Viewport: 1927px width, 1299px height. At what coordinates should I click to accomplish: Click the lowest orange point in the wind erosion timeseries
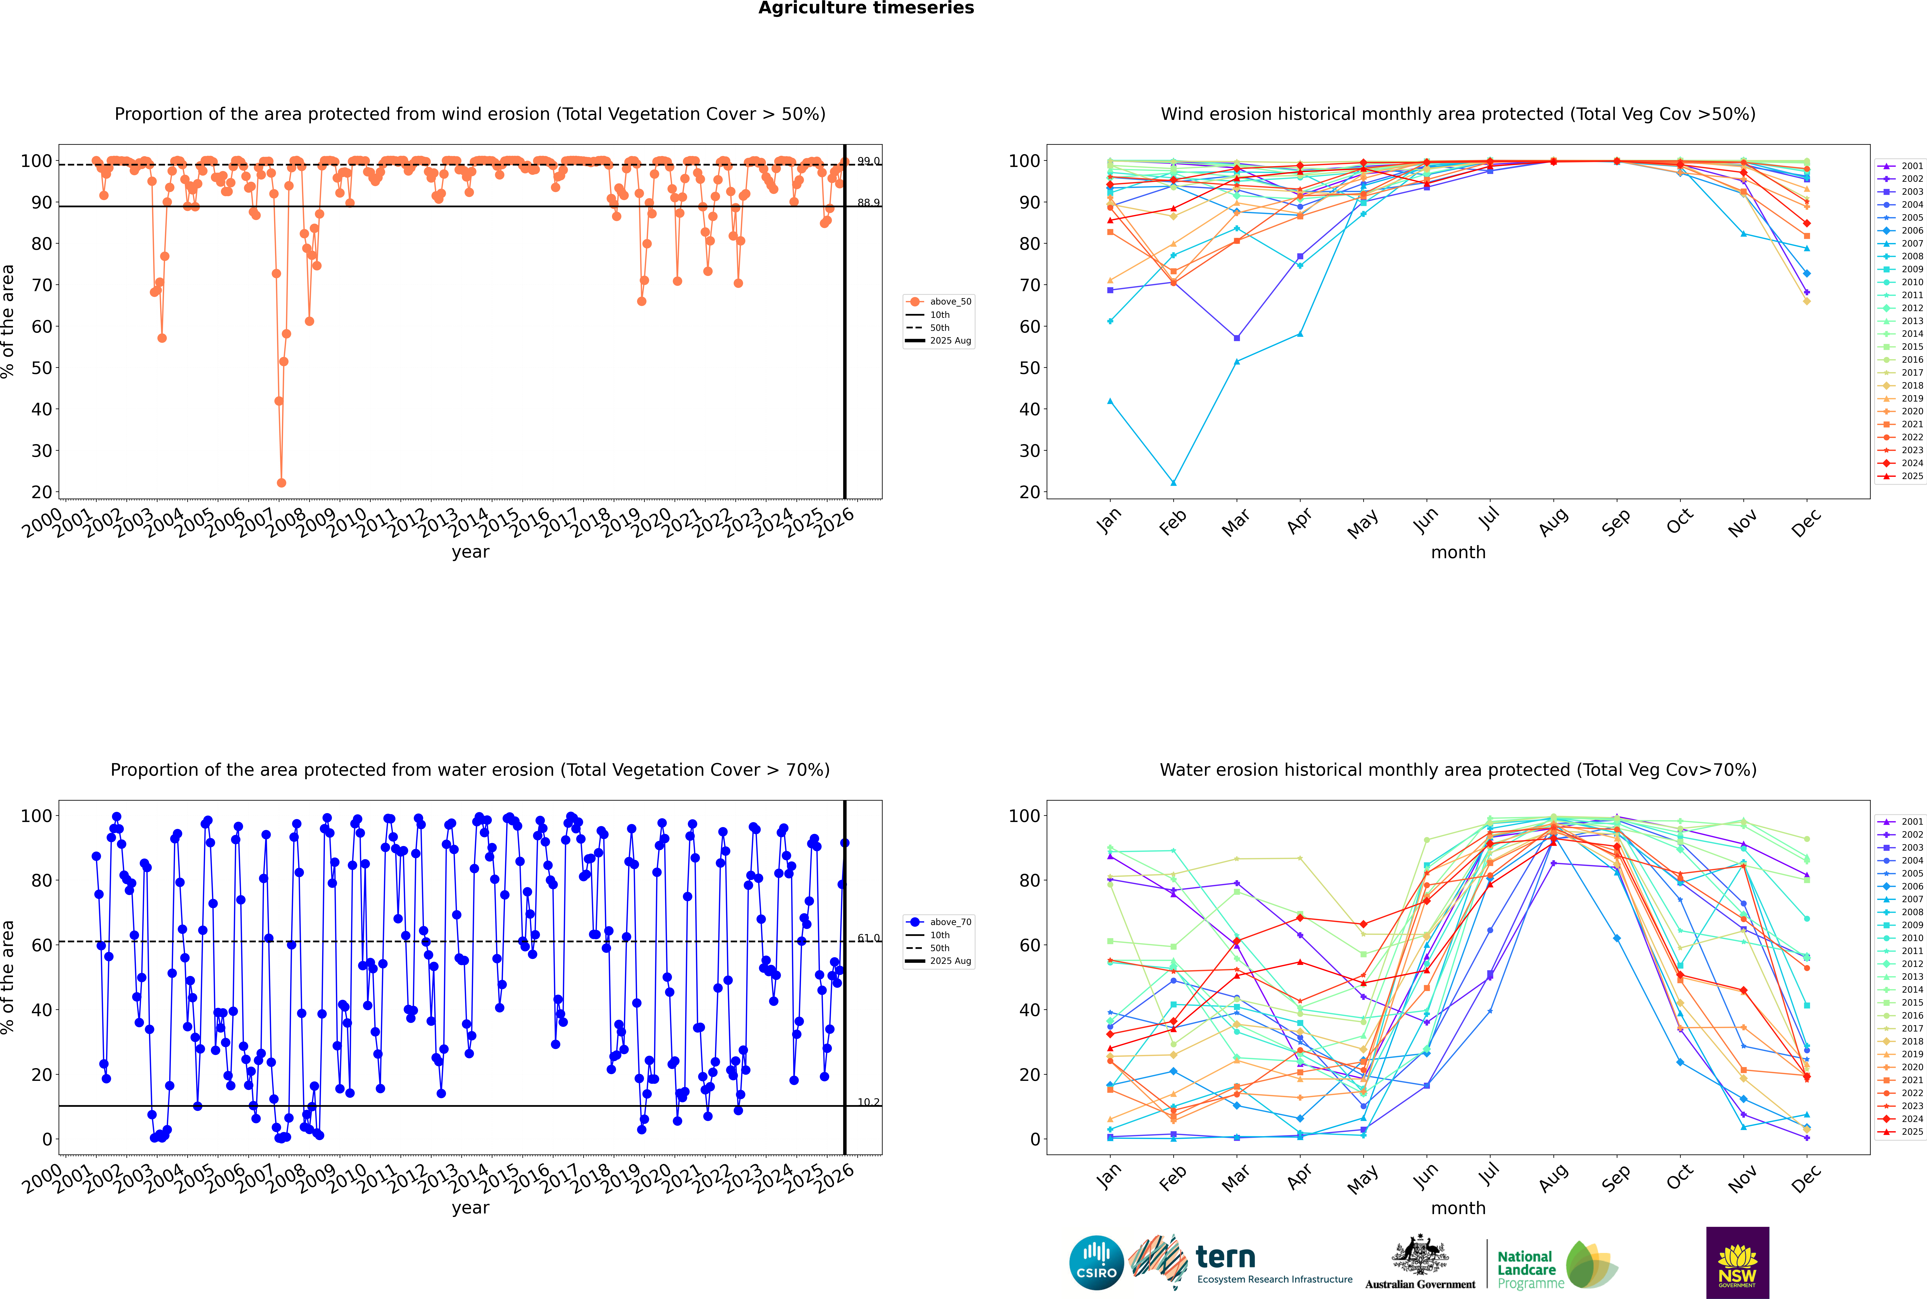click(x=282, y=483)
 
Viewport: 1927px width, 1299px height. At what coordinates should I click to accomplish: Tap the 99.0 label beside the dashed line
click(x=868, y=162)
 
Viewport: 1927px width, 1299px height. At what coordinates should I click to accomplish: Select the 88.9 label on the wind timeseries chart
click(x=868, y=203)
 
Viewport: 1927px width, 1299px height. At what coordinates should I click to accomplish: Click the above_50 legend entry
click(x=949, y=302)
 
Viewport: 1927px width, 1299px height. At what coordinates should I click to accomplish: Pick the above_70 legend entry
click(x=949, y=922)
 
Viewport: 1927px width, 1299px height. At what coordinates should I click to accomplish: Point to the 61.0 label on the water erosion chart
click(x=868, y=939)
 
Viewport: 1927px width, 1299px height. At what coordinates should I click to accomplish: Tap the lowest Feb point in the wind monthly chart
click(x=1173, y=483)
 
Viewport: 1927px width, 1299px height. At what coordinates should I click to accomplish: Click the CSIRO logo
click(x=1096, y=1263)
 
